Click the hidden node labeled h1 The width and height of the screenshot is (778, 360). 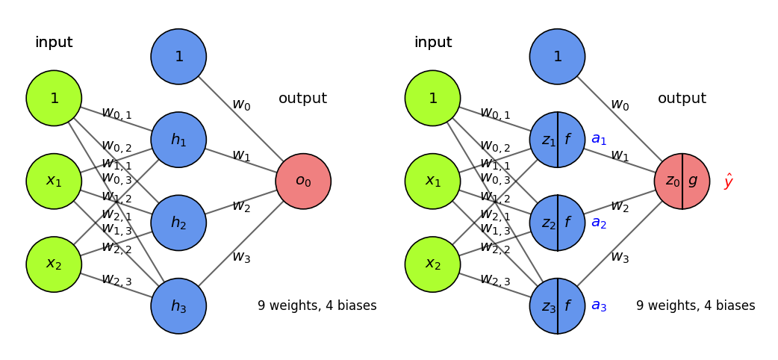[x=178, y=140]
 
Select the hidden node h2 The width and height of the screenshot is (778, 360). [x=178, y=223]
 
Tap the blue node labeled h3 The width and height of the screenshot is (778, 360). [x=178, y=305]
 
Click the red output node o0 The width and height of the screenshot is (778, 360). [x=303, y=181]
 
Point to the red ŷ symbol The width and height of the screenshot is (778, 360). [x=729, y=181]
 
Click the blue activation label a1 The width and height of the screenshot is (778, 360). [x=599, y=139]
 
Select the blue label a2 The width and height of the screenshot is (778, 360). [x=599, y=223]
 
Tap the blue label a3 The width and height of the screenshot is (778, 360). [x=599, y=305]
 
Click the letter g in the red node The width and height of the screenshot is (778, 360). [x=694, y=181]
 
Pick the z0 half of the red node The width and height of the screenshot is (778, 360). [x=672, y=181]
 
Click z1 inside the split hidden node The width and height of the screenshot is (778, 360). [x=548, y=140]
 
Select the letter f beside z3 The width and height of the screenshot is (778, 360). [x=568, y=305]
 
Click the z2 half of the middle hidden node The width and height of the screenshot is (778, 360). [x=548, y=223]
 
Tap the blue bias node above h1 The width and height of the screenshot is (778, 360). [x=178, y=57]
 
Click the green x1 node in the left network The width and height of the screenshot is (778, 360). [x=54, y=181]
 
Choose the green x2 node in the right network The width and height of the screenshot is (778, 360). [x=432, y=264]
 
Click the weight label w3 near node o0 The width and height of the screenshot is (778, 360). [x=241, y=257]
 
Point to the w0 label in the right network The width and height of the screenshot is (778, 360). [x=620, y=105]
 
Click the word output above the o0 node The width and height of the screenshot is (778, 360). [x=302, y=99]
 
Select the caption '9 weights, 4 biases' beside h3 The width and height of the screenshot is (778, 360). [x=317, y=305]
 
